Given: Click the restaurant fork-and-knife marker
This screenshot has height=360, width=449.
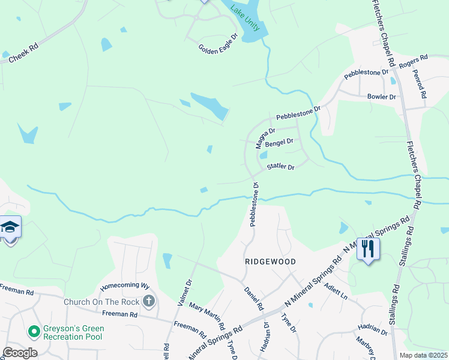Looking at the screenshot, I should pos(368,248).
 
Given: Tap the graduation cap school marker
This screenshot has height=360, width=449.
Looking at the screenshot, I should pos(10,227).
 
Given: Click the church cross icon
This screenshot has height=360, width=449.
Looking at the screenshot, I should pos(149,301).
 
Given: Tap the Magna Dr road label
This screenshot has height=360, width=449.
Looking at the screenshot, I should pos(265,138).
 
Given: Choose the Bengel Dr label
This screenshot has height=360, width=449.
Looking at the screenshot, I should pos(279,142).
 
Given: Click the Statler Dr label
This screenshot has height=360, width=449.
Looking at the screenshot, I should pos(281,167).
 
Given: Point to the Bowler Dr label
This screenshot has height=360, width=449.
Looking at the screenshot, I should pos(382,97).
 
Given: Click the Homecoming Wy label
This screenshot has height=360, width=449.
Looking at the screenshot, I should pos(124,286).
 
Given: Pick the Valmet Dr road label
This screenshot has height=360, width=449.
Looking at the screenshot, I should pos(184,292).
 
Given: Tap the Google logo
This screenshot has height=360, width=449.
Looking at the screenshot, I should pos(20,352).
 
